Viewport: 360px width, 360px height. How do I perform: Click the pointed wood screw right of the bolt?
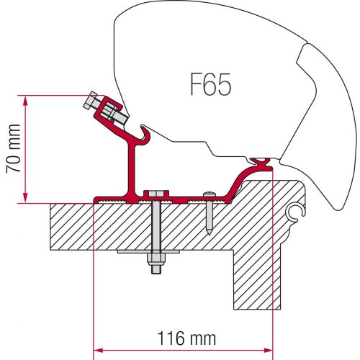pos(208,213)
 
